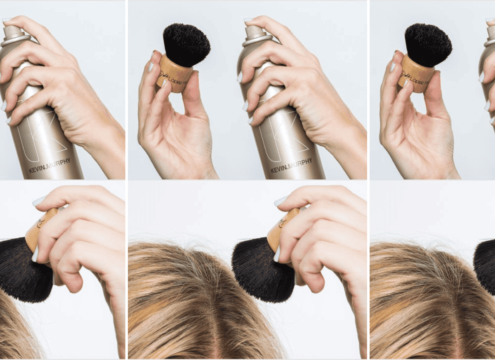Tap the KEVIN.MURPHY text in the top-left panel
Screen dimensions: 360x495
click(x=49, y=165)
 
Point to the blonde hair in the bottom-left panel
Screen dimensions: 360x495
click(x=16, y=330)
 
